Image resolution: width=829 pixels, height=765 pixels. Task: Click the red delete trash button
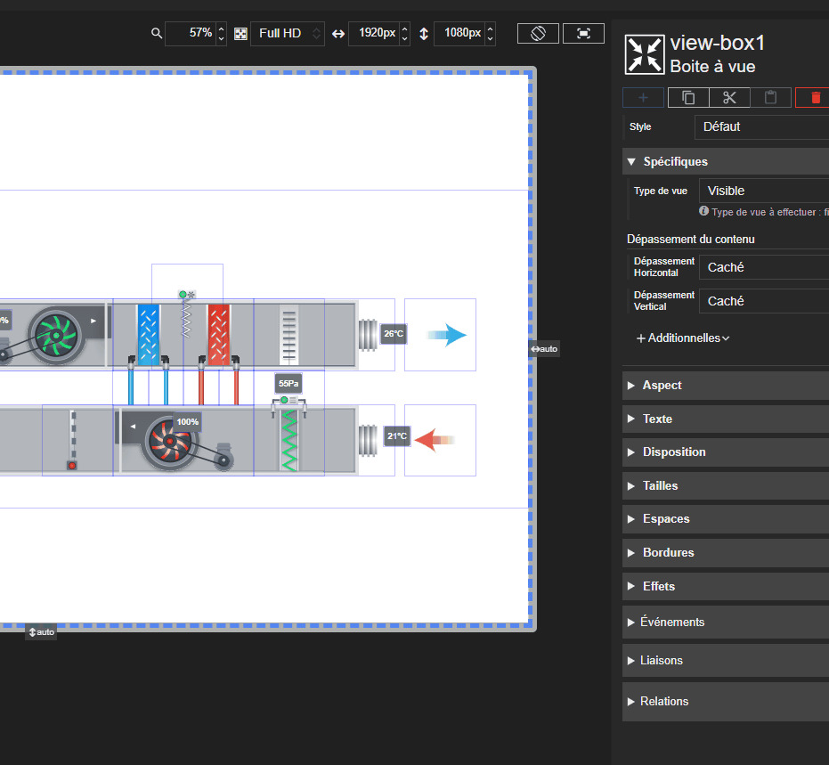tap(814, 98)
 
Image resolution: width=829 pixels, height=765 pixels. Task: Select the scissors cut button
tap(729, 98)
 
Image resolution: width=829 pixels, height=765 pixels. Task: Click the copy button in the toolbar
tap(688, 98)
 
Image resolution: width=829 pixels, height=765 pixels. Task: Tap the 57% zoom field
tap(191, 33)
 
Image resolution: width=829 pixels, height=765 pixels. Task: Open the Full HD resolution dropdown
tap(287, 33)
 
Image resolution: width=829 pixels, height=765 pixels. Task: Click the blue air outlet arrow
tap(447, 335)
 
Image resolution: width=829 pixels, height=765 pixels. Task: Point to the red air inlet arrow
tap(434, 440)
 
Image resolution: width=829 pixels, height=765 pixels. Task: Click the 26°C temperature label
tap(394, 334)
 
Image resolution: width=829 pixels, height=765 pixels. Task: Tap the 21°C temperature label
tap(397, 436)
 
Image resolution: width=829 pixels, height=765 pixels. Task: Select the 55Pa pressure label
tap(289, 383)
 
